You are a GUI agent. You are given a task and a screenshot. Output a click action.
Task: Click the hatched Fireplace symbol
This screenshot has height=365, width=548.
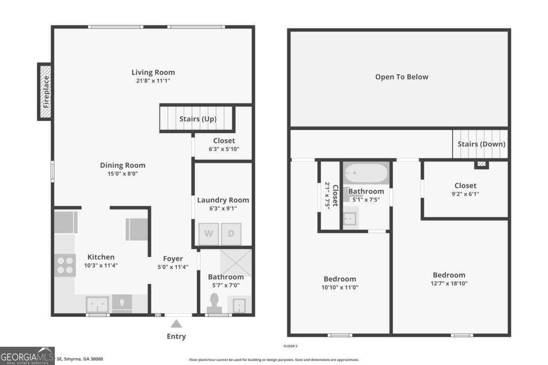coord(45,92)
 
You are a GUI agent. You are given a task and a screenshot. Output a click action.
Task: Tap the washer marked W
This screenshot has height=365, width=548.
coord(208,234)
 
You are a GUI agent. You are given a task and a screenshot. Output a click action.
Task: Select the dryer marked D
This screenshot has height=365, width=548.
coord(231,234)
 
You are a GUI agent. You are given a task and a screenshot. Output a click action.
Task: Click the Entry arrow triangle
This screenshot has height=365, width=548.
coord(176,324)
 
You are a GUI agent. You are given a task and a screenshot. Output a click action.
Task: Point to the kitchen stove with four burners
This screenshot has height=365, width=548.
coord(65,265)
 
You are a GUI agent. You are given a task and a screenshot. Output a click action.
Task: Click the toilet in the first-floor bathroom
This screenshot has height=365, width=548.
coord(214,302)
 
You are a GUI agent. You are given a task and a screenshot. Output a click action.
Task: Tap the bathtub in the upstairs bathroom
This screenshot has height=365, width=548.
coord(366,173)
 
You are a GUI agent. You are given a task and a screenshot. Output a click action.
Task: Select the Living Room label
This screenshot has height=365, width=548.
coord(153,72)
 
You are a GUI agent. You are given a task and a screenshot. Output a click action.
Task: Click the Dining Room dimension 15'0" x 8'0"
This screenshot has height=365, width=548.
coord(123,174)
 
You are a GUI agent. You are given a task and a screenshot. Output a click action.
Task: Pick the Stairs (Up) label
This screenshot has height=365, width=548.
coord(198,119)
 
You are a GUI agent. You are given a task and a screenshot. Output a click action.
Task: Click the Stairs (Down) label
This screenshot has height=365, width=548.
coord(481,144)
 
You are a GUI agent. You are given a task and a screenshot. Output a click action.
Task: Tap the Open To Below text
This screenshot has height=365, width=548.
coord(402,77)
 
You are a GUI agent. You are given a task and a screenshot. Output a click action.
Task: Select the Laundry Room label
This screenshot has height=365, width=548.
coord(223,200)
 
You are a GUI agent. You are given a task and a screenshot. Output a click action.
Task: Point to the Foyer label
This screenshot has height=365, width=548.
coord(173,259)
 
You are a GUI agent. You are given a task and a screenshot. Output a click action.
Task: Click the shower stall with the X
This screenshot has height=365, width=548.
coord(236,262)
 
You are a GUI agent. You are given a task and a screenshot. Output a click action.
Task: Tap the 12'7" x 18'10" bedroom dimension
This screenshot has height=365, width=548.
coord(449,283)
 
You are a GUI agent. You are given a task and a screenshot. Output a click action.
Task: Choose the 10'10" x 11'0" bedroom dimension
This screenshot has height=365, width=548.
coord(340,287)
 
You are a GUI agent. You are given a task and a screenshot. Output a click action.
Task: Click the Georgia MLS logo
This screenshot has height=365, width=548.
coord(27,355)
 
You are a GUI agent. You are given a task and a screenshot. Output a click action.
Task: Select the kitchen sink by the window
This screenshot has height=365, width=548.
coord(97,304)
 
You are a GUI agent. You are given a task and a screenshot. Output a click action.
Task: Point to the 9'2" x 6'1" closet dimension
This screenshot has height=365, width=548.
coord(465,194)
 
